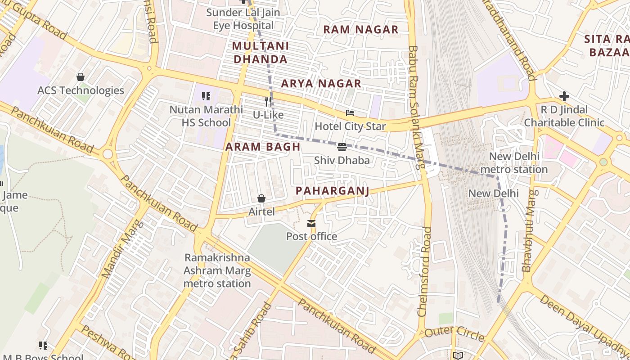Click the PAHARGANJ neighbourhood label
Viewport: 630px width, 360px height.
(x=332, y=191)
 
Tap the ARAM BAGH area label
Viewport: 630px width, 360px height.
(x=263, y=147)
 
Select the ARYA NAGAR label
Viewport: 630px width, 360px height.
(x=321, y=83)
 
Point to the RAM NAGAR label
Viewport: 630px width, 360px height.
(x=360, y=30)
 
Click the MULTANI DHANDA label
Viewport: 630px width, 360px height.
(x=260, y=53)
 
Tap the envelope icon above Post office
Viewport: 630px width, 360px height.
(x=311, y=224)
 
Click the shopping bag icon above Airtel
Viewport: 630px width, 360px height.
(x=261, y=198)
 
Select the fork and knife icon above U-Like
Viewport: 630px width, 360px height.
(x=268, y=102)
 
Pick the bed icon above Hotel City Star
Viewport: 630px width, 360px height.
(x=350, y=113)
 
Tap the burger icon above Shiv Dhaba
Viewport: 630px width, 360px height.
(x=342, y=147)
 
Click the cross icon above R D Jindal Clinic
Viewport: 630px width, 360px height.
(x=564, y=96)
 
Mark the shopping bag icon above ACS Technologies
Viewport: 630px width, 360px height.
(x=81, y=77)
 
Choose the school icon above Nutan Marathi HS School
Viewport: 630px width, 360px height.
(x=206, y=96)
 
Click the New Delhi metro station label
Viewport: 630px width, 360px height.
(x=514, y=163)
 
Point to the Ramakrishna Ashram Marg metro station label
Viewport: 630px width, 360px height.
(x=217, y=270)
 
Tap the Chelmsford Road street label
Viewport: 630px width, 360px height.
(x=424, y=271)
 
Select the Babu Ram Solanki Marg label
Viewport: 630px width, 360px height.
(x=416, y=107)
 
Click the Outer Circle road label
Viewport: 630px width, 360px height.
(x=454, y=333)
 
